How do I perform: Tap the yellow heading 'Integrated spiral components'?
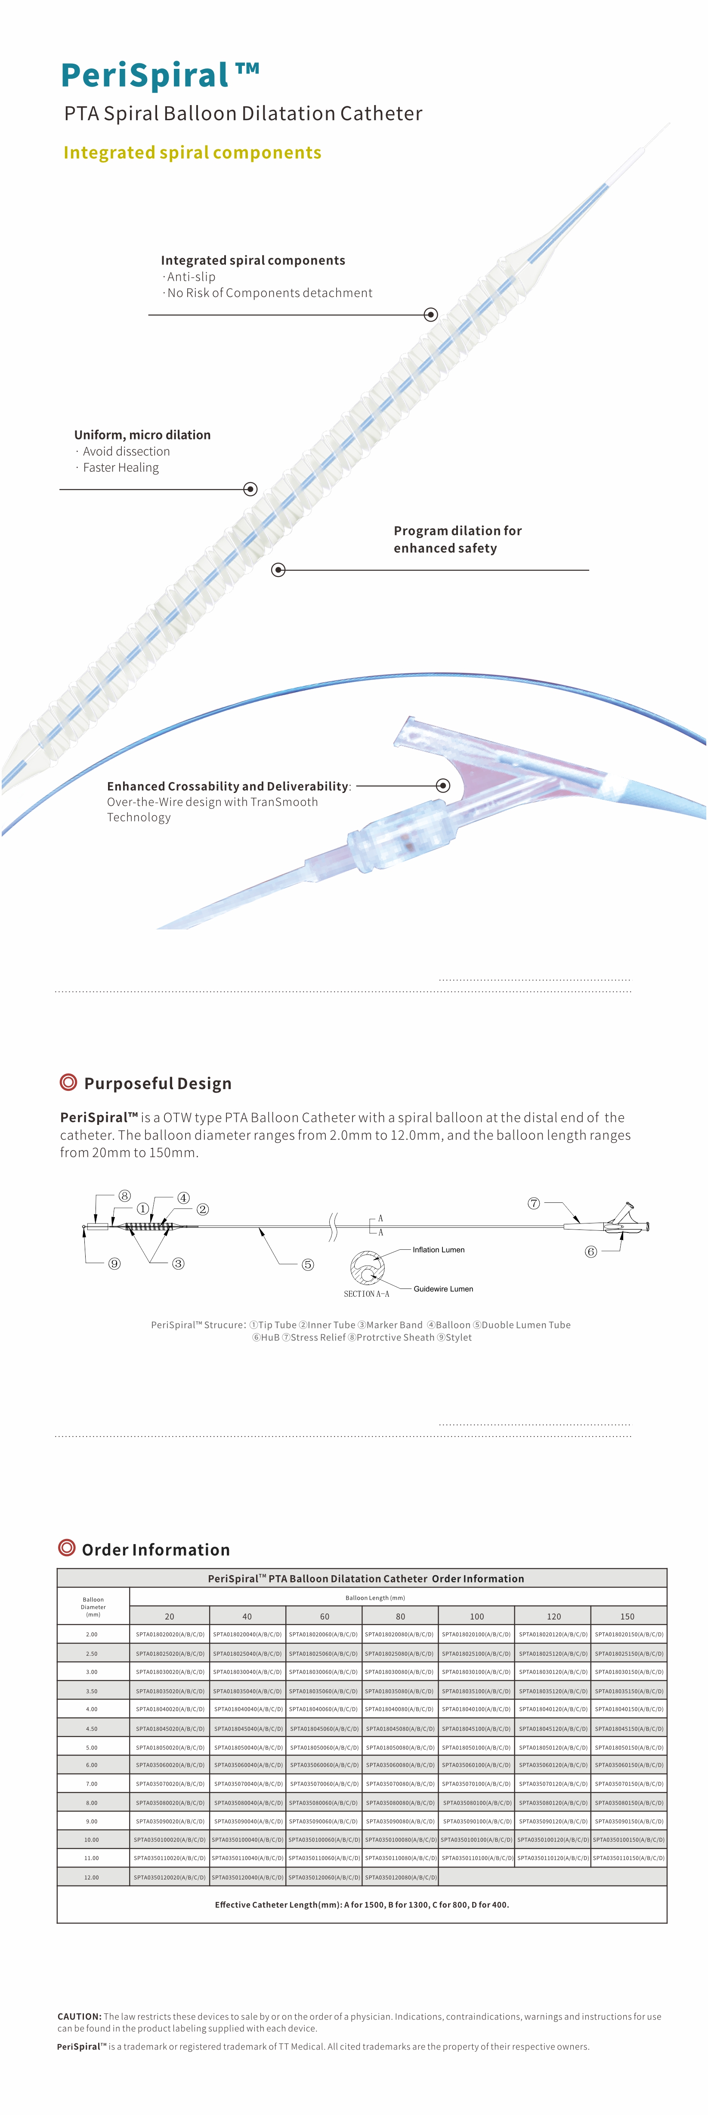tap(192, 153)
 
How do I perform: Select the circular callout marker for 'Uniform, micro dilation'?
tap(250, 489)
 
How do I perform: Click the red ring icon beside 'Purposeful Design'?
tap(68, 1082)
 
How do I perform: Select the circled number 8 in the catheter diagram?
tap(125, 1195)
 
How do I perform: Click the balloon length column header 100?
tap(476, 1616)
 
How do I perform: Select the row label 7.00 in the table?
tap(92, 1783)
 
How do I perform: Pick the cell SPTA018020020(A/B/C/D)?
tap(170, 1634)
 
